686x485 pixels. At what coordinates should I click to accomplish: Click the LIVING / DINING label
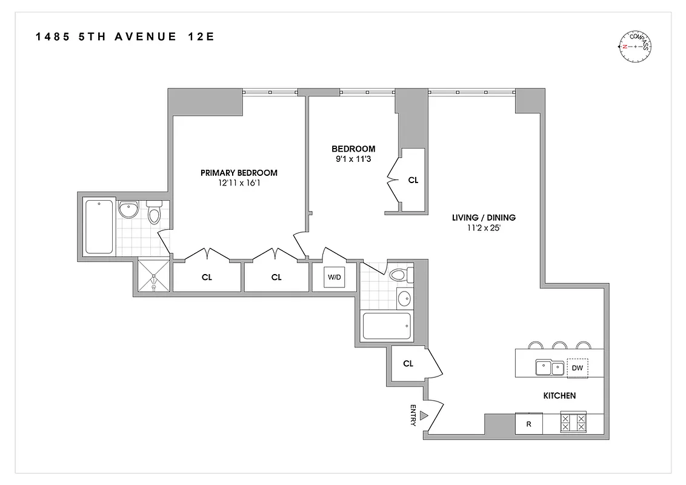coord(484,217)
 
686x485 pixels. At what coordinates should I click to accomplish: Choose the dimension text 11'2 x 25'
coord(484,228)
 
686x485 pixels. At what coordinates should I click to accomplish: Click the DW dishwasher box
coord(577,367)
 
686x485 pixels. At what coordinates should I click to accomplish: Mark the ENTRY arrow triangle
coord(425,415)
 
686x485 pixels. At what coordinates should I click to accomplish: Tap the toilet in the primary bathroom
coord(154,213)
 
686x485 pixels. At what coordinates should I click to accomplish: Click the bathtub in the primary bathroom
coord(99,226)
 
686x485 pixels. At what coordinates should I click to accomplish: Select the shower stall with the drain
coord(154,277)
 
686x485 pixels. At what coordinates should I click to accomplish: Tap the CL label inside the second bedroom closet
coord(413,180)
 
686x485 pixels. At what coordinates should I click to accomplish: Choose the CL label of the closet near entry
coord(408,364)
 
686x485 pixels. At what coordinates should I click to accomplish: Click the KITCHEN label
coord(559,396)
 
